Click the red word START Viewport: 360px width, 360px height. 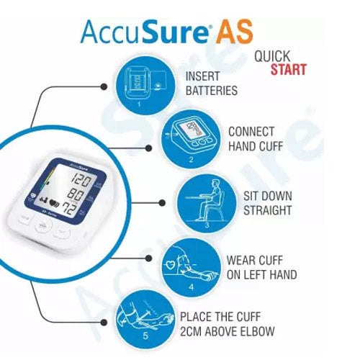pyautogui.click(x=288, y=70)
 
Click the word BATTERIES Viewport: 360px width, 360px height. pyautogui.click(x=212, y=91)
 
